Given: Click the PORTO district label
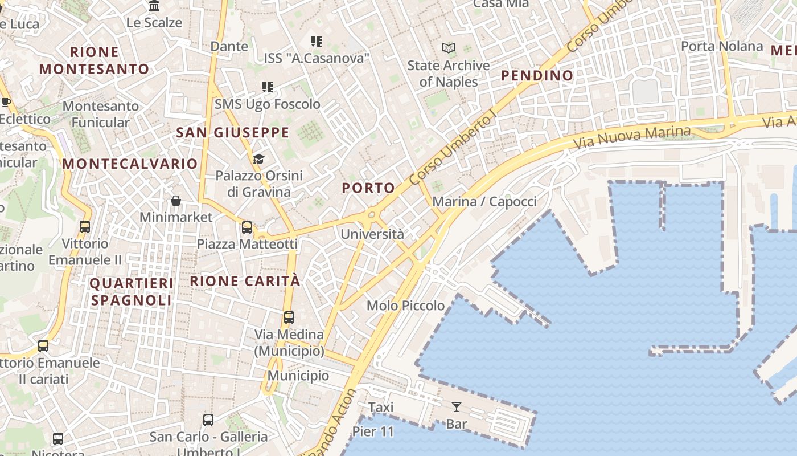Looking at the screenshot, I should [x=368, y=188].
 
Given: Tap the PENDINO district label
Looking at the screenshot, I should [x=537, y=75].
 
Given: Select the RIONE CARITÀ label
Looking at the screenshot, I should [x=245, y=281].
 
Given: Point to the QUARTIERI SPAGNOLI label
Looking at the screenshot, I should [x=132, y=291].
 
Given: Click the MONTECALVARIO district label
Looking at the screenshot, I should [x=130, y=164].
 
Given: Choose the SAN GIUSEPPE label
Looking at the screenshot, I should [x=233, y=133].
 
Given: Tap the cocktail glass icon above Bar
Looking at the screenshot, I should [x=456, y=406].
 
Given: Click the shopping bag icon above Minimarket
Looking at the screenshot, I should [x=176, y=201].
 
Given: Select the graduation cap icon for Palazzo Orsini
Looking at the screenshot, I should [x=258, y=159].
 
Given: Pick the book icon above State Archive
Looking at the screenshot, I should [x=449, y=48].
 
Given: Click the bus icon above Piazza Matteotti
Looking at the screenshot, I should [x=247, y=227].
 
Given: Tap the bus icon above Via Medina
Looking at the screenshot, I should [x=289, y=317].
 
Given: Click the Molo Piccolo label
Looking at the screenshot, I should [x=405, y=306].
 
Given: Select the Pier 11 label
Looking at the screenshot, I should [x=373, y=431].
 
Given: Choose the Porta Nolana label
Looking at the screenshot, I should [x=722, y=46].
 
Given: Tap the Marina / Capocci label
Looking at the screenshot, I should [x=484, y=202].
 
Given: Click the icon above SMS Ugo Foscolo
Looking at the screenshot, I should [x=268, y=87].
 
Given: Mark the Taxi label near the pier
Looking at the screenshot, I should [x=381, y=408].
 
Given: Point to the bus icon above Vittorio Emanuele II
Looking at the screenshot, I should [x=85, y=227].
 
